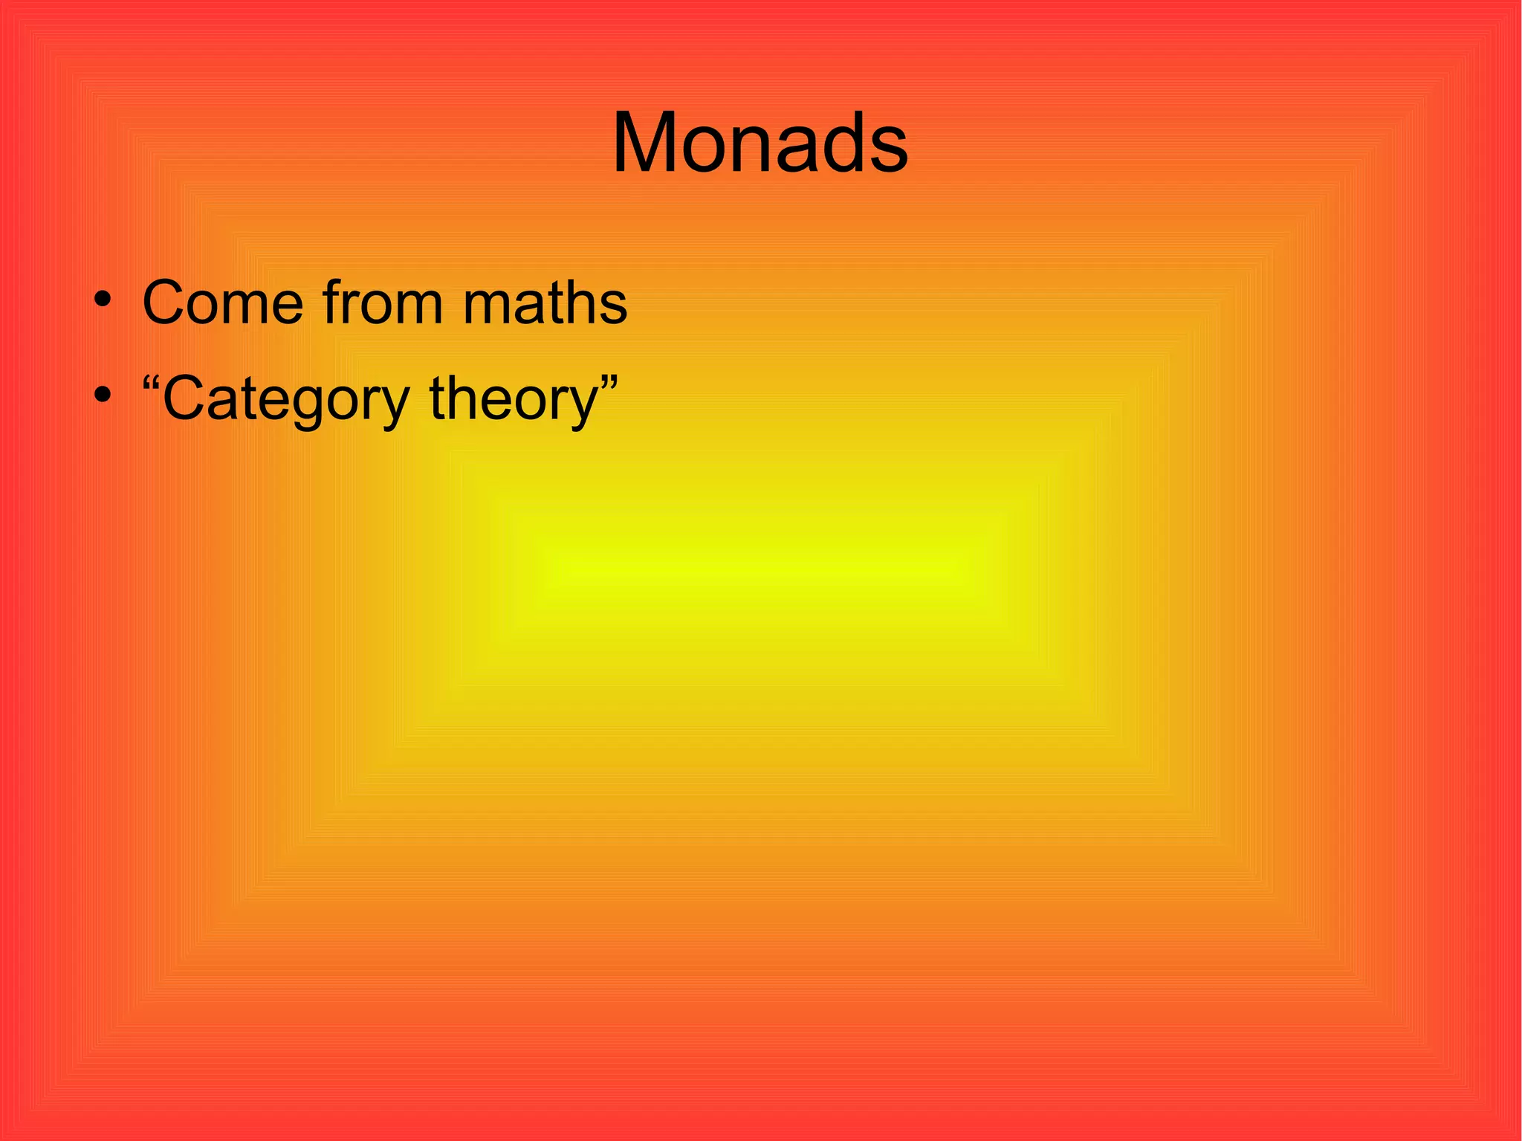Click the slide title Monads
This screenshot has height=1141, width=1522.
760,143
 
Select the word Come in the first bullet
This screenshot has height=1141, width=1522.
222,303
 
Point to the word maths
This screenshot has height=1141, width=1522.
545,303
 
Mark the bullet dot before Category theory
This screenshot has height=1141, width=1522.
103,395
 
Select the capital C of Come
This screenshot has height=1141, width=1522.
165,303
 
